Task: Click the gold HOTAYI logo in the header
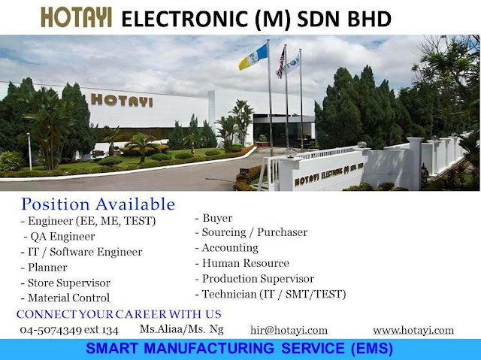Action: point(76,17)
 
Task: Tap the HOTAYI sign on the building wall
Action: point(122,101)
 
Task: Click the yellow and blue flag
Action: point(253,57)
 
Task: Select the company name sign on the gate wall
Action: point(329,174)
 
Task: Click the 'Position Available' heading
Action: point(98,204)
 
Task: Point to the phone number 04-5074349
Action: point(50,330)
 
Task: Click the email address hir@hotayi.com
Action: point(289,330)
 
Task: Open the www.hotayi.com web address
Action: point(413,330)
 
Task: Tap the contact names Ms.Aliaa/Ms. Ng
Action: point(182,329)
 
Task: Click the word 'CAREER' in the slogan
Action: point(141,314)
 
